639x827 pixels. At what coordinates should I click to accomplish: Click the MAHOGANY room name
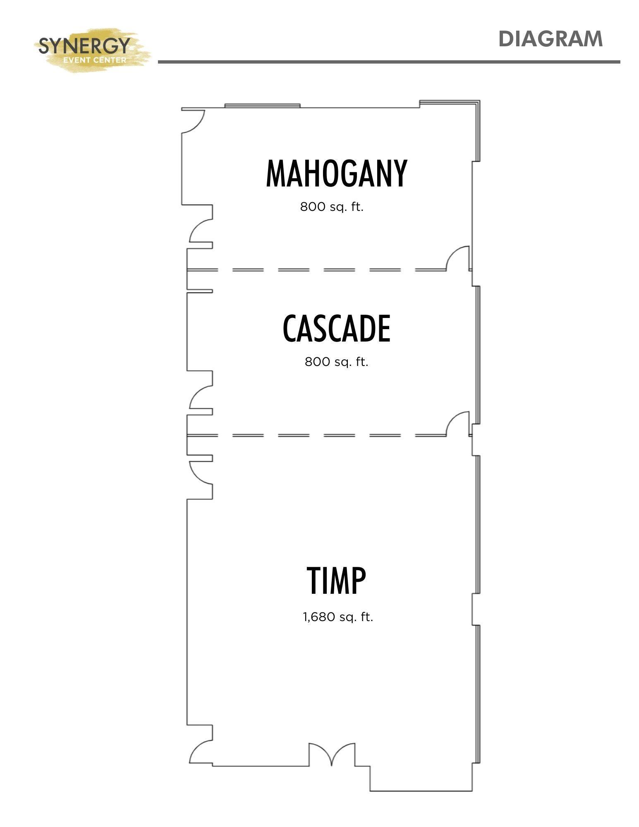pos(336,173)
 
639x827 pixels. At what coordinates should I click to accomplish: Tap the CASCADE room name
pos(336,328)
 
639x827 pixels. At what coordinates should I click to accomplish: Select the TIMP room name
pos(336,581)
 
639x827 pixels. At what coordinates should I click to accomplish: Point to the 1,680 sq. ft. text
pos(338,617)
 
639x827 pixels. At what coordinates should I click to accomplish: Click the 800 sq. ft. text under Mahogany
pos(332,207)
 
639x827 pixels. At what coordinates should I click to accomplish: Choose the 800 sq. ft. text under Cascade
pos(336,362)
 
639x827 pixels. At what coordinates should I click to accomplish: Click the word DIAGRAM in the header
pos(550,39)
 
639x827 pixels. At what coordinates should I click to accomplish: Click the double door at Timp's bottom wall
pos(332,755)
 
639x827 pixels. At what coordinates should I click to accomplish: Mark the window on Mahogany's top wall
pos(262,106)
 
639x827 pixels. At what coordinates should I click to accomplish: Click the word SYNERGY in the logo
pos(84,45)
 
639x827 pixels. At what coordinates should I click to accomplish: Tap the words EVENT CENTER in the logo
pos(95,60)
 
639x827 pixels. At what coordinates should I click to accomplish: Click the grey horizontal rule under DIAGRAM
pos(389,62)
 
